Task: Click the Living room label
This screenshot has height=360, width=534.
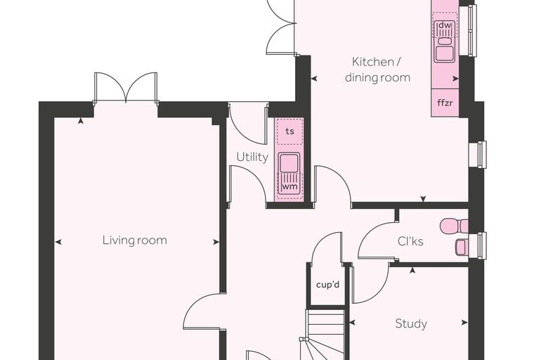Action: coord(135,240)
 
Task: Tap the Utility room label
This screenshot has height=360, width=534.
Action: coord(252,157)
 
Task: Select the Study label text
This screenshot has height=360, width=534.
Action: coord(411,323)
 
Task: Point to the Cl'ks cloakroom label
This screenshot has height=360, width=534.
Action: coord(410,241)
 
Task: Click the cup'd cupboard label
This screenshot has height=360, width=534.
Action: coord(327,285)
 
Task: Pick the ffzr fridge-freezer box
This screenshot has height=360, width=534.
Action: coord(445,103)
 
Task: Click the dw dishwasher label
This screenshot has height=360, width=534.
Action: coord(445,25)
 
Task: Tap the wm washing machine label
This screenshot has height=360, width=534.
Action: coord(289,186)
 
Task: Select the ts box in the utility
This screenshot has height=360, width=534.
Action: coord(289,131)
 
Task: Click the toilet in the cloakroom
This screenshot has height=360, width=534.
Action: coord(454,226)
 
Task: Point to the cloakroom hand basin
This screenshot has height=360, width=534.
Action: coord(462,247)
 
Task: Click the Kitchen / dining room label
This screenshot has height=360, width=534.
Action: coord(377,70)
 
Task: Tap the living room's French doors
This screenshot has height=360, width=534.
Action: coord(126,88)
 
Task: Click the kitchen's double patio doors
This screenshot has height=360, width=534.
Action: coord(280,27)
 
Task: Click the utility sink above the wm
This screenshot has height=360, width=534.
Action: coord(289,162)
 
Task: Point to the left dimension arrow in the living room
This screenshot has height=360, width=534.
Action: coord(58,242)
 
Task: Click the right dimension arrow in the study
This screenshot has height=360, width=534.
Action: coord(464,323)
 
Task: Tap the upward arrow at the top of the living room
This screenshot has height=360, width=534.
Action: coord(81,121)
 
